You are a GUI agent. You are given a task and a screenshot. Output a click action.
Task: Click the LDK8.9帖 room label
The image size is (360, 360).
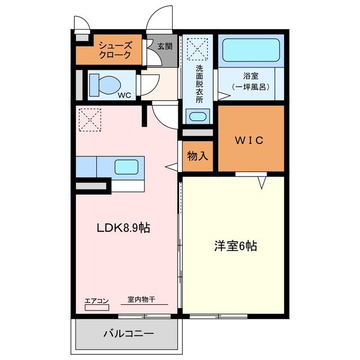coord(124,228)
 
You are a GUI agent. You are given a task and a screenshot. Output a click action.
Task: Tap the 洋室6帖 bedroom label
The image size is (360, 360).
coord(236,246)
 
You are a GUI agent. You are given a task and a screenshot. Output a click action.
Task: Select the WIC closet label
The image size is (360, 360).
coord(249,140)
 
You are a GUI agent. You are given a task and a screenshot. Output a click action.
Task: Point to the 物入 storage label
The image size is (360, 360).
coord(197,156)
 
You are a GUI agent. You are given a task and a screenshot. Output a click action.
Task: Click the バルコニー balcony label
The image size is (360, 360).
coord(128,334)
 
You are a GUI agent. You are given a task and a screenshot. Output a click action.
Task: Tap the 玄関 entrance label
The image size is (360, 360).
coord(165,47)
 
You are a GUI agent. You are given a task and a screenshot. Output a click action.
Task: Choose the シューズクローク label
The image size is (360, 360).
coord(115,50)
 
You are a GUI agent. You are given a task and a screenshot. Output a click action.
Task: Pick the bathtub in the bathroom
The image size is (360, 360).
coord(251,50)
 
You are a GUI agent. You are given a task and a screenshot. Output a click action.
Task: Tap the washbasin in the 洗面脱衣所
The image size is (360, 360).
coord(197,116)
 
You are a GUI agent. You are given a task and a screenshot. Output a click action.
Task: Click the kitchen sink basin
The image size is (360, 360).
coord(127,167)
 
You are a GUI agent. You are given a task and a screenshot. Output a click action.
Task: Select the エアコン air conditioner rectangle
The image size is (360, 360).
coord(97,308)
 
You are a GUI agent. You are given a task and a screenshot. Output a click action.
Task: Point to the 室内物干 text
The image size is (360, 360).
coord(141,299)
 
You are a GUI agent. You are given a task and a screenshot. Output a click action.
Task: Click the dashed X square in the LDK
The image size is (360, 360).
coord(90,120)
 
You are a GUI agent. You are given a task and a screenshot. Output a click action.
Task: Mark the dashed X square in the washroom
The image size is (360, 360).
coord(197,49)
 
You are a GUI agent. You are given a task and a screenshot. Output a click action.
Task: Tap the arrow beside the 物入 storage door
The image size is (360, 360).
coord(171,167)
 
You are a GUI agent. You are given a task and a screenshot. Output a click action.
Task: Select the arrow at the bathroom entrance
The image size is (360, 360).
coord(224,96)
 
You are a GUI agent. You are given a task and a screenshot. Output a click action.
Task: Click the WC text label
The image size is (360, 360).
coord(124,95)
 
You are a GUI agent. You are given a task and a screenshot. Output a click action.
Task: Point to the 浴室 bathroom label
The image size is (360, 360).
coord(251,76)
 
